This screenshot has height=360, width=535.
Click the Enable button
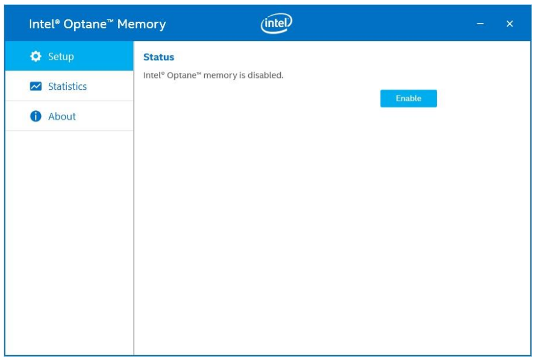pos(408,98)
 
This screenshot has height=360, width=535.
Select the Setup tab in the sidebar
pos(69,56)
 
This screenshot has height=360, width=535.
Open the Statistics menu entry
pos(69,86)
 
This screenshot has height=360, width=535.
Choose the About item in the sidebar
pos(69,116)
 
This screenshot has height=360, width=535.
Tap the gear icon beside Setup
pos(36,56)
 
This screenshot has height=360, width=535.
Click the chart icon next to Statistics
pos(36,86)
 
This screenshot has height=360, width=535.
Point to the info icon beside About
pos(36,116)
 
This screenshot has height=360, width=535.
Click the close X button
pos(510,24)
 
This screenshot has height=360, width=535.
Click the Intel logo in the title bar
pos(277,24)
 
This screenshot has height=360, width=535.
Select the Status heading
pos(158,57)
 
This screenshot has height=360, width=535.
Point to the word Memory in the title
pos(142,24)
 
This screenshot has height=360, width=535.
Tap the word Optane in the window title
pos(87,25)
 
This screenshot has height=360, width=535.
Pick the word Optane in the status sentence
pos(183,75)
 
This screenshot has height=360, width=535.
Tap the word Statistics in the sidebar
pos(67,86)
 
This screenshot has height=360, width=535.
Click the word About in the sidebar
pos(62,116)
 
